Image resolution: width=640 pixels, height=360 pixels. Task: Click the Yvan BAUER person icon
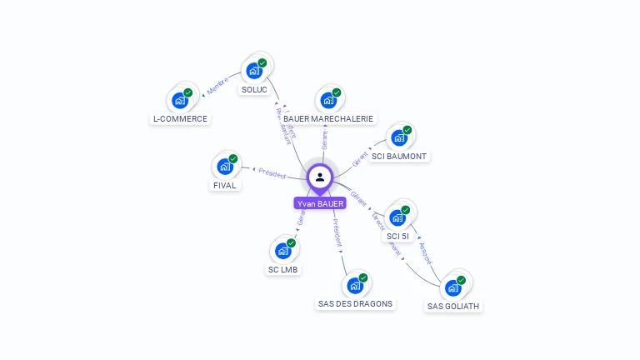[x=320, y=177]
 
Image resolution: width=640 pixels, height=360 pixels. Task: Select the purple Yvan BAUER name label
[x=320, y=203]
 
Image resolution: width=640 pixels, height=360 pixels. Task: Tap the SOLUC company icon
[x=254, y=71]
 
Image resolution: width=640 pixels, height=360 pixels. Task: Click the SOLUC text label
[x=254, y=89]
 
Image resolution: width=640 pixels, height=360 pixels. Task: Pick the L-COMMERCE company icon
[x=180, y=100]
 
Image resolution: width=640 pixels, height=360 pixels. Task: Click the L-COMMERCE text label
[x=180, y=118]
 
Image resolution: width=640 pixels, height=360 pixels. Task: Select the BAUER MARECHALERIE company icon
[x=328, y=100]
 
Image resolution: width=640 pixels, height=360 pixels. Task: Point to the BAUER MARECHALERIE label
[x=328, y=118]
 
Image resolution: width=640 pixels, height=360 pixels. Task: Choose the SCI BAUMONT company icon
[x=399, y=137]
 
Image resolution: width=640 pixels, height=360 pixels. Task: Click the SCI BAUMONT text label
[x=399, y=156]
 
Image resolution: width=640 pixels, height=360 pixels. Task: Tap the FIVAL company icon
[x=225, y=166]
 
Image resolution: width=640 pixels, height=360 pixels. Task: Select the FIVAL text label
[x=225, y=185]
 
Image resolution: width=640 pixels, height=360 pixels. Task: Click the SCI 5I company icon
[x=397, y=217]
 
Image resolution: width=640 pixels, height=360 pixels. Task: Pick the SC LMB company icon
[x=283, y=251]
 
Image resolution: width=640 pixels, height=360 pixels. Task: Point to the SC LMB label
[x=283, y=269]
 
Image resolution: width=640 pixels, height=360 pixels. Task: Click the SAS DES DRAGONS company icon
[x=355, y=285]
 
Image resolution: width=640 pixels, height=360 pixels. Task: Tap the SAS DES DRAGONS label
[x=355, y=303]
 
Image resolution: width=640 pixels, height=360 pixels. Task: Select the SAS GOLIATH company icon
[x=453, y=287]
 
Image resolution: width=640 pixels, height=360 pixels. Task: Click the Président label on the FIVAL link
[x=272, y=172]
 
